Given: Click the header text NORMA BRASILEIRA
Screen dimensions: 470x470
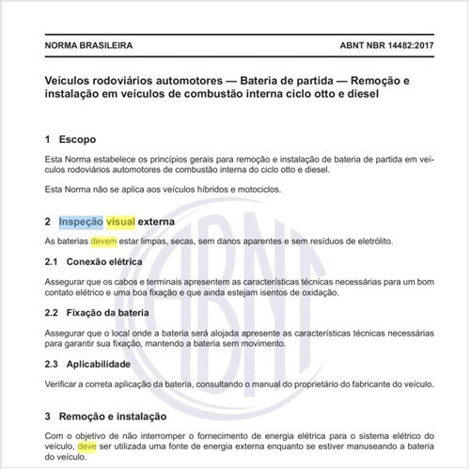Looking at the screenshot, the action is pyautogui.click(x=88, y=45).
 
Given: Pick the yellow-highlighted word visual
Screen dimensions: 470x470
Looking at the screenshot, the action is pyautogui.click(x=120, y=223).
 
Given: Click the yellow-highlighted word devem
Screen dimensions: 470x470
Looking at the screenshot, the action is pyautogui.click(x=104, y=242).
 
